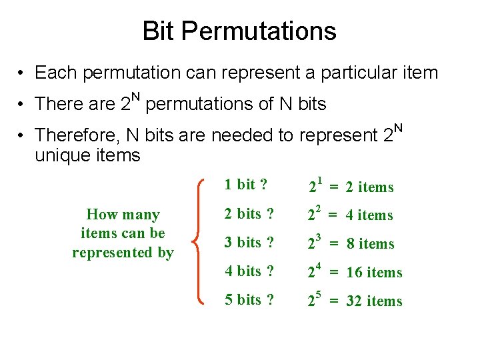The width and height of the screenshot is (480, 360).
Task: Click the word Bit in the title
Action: pos(158,31)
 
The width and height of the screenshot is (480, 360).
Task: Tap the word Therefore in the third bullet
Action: pos(75,135)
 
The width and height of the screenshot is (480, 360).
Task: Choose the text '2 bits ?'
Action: pos(249,213)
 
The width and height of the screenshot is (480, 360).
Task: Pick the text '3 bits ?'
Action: pos(249,242)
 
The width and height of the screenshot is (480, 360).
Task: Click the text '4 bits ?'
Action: pos(249,271)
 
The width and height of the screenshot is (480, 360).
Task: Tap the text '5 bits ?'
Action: pos(249,299)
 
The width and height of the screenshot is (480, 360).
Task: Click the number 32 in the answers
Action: pos(355,301)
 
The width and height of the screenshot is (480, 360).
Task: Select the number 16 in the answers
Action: pos(355,273)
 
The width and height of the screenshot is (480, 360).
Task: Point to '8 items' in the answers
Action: pos(371,244)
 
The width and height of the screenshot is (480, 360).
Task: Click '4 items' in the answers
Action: pos(370,215)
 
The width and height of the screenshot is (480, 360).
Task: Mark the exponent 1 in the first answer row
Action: pos(320,180)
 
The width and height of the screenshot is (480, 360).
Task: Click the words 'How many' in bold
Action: pos(123,215)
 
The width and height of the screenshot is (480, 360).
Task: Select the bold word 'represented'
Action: pos(123,253)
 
